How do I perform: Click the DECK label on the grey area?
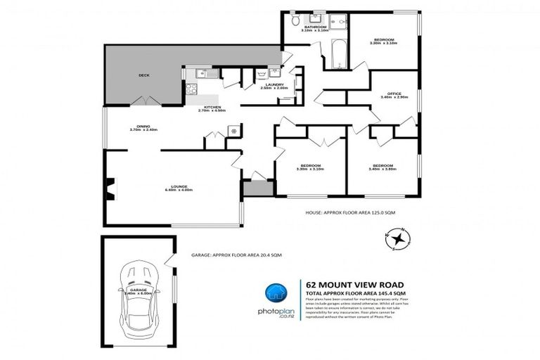(x=143, y=75)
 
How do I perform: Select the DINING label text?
(x=143, y=127)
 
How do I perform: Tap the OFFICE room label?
(x=389, y=94)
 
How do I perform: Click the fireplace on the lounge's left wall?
(x=108, y=187)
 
